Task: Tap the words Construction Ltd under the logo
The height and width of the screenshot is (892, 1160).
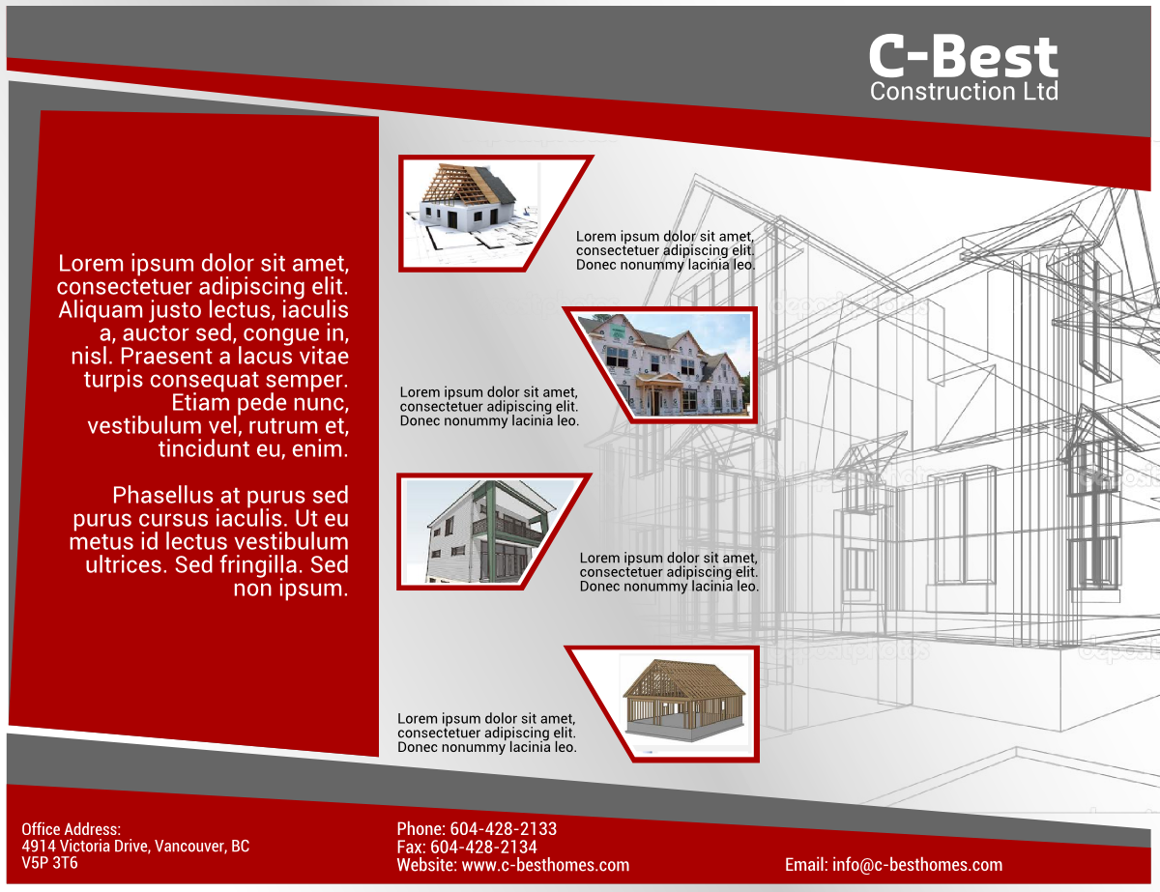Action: click(x=963, y=92)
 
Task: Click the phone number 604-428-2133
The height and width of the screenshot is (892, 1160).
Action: click(x=503, y=829)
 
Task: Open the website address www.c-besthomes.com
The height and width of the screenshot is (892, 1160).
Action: click(x=545, y=865)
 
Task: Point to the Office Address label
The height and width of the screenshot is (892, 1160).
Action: click(x=71, y=829)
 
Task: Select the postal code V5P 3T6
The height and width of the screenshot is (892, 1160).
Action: click(x=49, y=863)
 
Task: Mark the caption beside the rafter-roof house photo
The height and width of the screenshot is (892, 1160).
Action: click(x=666, y=250)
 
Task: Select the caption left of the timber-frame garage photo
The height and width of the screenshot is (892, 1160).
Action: click(x=487, y=733)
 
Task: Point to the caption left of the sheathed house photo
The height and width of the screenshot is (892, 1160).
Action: click(x=489, y=406)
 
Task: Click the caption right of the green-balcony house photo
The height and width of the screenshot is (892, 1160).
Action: click(x=669, y=572)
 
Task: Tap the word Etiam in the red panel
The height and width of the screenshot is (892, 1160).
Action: click(x=200, y=402)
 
